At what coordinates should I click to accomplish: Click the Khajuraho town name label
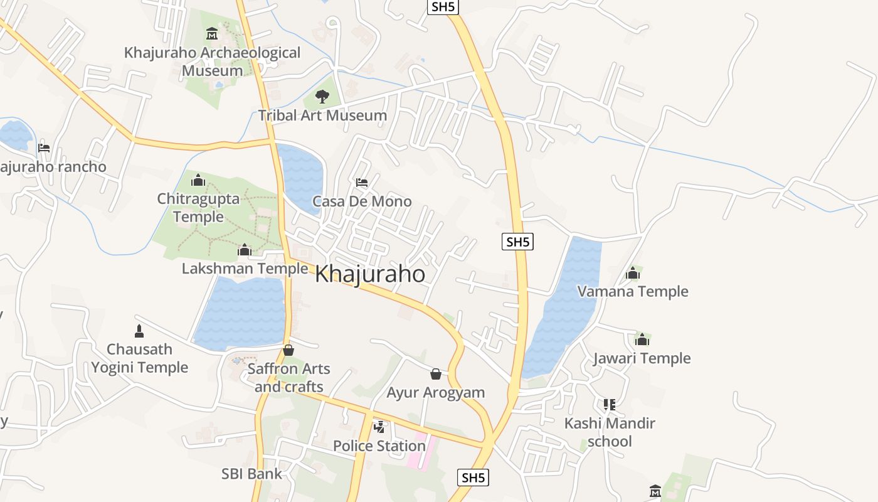coord(370,274)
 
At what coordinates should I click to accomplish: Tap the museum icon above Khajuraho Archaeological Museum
coord(212,33)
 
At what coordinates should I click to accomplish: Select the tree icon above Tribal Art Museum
coord(322,96)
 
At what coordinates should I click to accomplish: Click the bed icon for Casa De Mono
coord(362,183)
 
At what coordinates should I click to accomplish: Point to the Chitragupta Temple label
coord(198,208)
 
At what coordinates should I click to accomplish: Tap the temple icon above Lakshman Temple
coord(244,250)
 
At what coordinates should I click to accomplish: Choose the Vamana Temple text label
coord(633,291)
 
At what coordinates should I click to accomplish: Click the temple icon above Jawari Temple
coord(642,339)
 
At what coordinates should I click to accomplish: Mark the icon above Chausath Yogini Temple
coord(139,331)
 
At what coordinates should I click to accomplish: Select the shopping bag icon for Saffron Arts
coord(288,350)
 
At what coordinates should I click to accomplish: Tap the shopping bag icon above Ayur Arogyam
coord(436,374)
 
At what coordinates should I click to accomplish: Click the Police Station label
coord(379,446)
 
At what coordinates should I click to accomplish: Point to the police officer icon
coord(379,427)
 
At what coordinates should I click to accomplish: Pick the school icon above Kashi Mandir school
coord(610,405)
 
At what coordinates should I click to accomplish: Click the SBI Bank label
coord(252,474)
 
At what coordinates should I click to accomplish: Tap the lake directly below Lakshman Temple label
coord(241,314)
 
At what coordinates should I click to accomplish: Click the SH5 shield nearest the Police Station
coord(473,478)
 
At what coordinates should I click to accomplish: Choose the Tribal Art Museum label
coord(322,115)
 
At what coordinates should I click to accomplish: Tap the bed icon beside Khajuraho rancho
coord(44,148)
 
